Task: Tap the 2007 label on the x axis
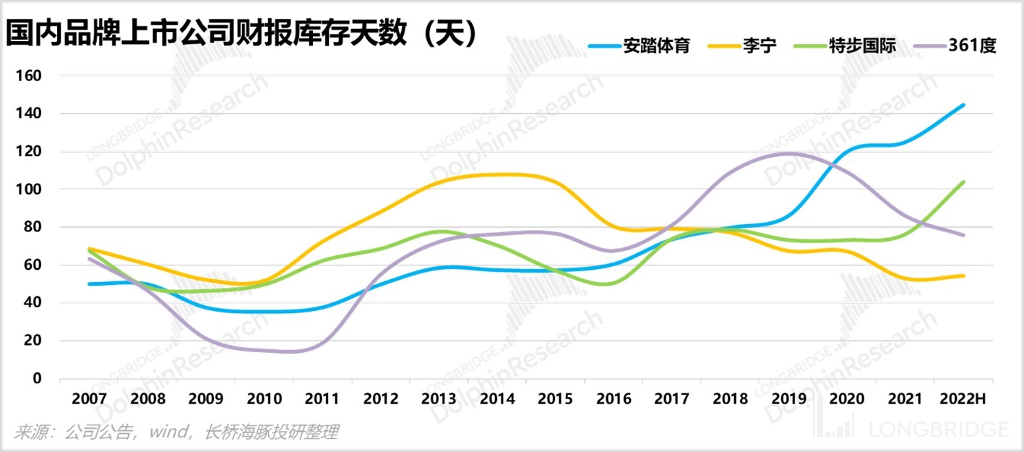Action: [x=89, y=398]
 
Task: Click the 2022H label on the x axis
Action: [x=963, y=398]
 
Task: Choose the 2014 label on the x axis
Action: [x=497, y=398]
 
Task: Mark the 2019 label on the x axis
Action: [x=788, y=398]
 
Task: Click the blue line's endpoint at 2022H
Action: [x=963, y=105]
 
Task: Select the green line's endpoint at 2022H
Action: [x=963, y=182]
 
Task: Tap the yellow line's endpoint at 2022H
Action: [x=963, y=276]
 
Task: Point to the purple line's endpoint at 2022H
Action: [x=963, y=235]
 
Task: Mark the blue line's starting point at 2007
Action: [x=89, y=283]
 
